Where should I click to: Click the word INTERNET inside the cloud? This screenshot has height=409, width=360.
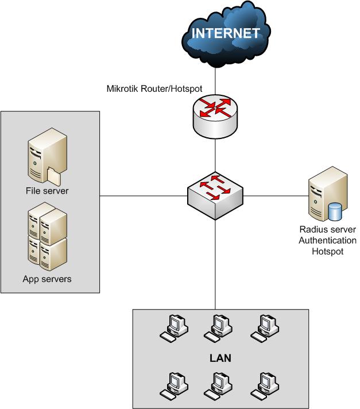(225, 33)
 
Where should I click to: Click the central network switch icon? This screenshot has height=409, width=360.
(215, 196)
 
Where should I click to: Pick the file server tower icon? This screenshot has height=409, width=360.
(44, 159)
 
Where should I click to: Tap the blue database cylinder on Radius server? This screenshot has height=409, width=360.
(335, 212)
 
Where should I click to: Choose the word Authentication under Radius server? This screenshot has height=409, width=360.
(327, 241)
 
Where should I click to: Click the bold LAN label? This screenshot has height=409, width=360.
(220, 358)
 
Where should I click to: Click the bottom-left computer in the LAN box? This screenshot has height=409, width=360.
(172, 386)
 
